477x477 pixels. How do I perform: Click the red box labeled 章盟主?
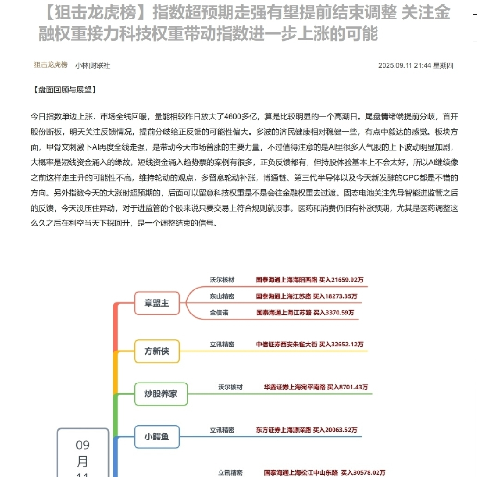tap(157, 303)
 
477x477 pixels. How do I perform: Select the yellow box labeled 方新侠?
tap(157, 351)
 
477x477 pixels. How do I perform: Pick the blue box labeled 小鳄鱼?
tap(157, 436)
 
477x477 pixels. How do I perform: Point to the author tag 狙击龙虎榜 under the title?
tap(50, 65)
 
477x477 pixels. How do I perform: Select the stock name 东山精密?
tap(222, 296)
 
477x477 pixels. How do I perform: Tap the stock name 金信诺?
tap(219, 313)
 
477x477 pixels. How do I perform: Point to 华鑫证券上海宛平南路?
tap(294, 387)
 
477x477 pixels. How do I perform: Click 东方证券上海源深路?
tap(283, 430)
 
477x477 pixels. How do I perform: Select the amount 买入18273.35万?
tap(335, 296)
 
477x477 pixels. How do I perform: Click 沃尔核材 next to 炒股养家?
tap(230, 387)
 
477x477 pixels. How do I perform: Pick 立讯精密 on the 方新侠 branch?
tap(222, 344)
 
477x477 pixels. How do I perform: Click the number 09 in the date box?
tap(82, 445)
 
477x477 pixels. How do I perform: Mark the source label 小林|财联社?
tap(93, 65)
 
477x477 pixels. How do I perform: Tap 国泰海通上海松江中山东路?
tap(301, 472)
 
